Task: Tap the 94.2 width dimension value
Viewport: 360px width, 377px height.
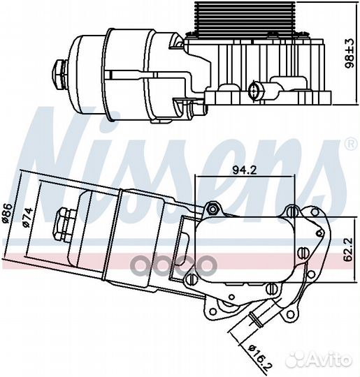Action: click(x=245, y=170)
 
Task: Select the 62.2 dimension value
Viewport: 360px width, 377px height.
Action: click(x=348, y=249)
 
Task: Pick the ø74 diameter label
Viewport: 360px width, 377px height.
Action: click(x=27, y=217)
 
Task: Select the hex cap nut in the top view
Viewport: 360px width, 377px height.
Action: click(x=58, y=74)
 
